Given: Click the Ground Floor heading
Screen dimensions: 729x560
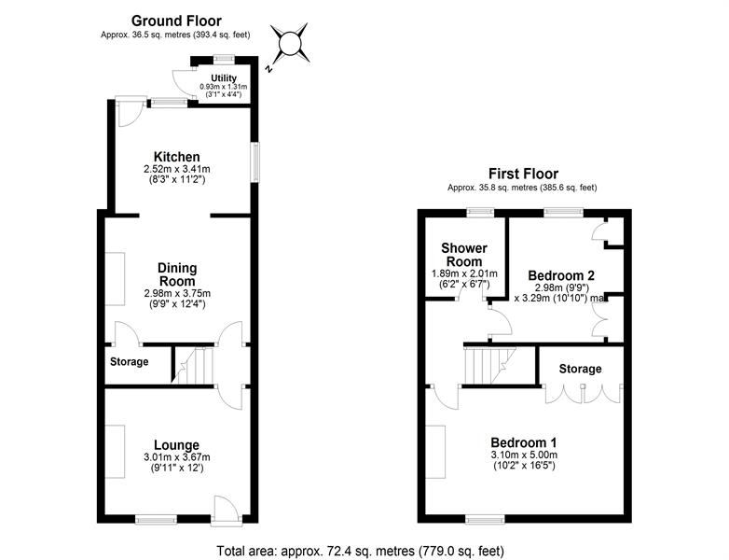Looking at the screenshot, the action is click(x=176, y=21).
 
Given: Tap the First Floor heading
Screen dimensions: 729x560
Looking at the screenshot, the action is click(x=523, y=175).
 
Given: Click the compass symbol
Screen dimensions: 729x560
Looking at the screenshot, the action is click(x=291, y=44).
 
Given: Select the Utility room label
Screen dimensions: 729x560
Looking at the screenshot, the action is click(x=224, y=78).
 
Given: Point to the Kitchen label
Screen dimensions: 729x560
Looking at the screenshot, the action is click(x=177, y=157).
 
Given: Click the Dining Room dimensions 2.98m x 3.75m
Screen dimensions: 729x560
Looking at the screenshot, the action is click(x=177, y=294).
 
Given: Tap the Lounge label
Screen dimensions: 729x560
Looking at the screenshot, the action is click(x=177, y=445).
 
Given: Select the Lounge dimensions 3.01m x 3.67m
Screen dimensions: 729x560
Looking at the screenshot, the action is click(x=177, y=457).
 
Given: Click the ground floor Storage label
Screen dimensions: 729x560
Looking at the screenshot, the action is click(x=130, y=362).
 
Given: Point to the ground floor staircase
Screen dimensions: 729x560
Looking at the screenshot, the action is click(x=193, y=366).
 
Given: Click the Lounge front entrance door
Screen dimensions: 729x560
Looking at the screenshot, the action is click(x=227, y=511).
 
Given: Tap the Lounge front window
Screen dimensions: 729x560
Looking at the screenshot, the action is click(x=157, y=520).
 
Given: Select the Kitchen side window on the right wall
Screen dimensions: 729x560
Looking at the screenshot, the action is click(x=254, y=162).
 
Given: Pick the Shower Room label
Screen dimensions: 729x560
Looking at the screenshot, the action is click(x=464, y=255).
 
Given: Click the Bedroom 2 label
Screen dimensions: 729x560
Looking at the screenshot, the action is click(x=561, y=275).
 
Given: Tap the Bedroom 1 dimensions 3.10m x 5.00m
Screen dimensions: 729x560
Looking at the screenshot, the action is click(x=524, y=455).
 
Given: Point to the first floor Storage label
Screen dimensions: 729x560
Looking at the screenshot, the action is click(x=580, y=370).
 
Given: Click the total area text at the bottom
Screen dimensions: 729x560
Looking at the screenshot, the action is click(x=361, y=552).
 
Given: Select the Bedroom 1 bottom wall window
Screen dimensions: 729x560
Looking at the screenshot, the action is click(x=485, y=519).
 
